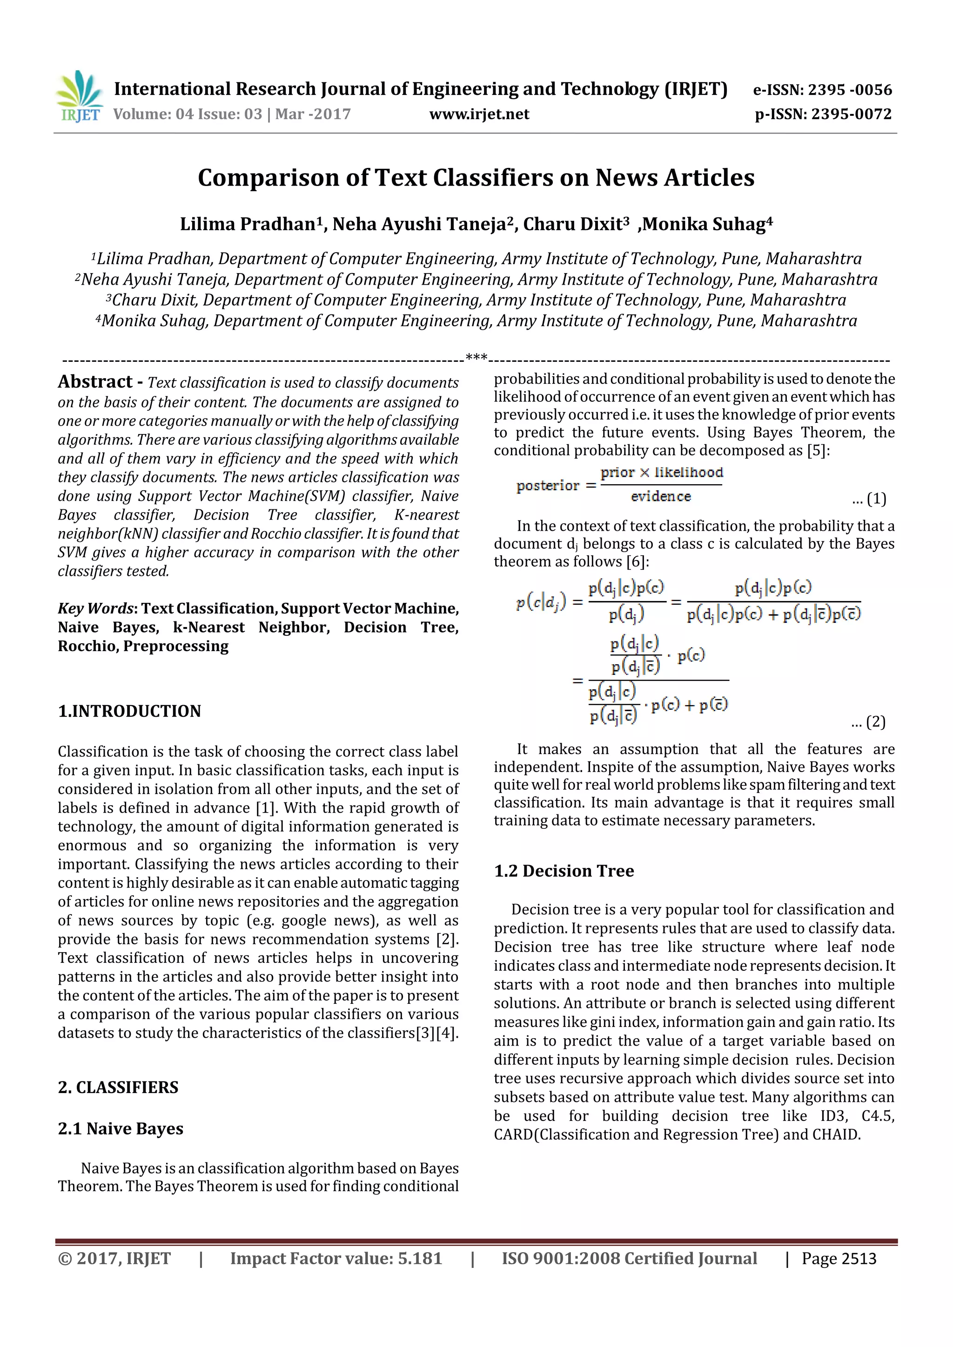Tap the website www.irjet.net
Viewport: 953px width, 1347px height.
point(479,114)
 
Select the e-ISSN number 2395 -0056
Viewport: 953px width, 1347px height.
point(849,90)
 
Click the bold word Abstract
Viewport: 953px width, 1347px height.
point(95,382)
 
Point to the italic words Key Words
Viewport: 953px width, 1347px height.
point(95,608)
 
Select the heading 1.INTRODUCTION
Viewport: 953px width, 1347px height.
point(129,711)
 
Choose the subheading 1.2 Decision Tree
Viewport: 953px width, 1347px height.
point(564,871)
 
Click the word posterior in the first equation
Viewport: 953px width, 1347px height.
point(548,486)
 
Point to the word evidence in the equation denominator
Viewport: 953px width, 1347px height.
point(661,497)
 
